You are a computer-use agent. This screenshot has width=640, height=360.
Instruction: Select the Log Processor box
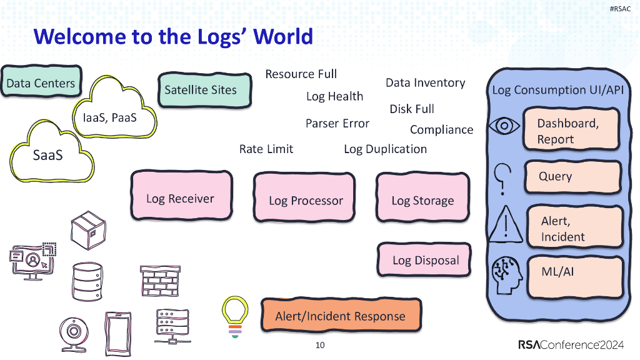point(306,200)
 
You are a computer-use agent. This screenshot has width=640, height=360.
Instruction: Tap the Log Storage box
point(422,200)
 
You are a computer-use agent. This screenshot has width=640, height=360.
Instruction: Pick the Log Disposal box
point(425,260)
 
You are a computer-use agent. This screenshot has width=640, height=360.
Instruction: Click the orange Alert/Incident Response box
point(340,316)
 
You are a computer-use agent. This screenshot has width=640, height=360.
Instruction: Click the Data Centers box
point(41,84)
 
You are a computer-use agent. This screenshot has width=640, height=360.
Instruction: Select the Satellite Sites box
point(201,90)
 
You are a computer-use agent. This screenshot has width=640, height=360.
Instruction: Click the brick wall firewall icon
point(160,281)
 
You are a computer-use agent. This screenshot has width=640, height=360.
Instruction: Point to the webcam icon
point(74,331)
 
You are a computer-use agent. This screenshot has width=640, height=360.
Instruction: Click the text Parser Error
point(337,124)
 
